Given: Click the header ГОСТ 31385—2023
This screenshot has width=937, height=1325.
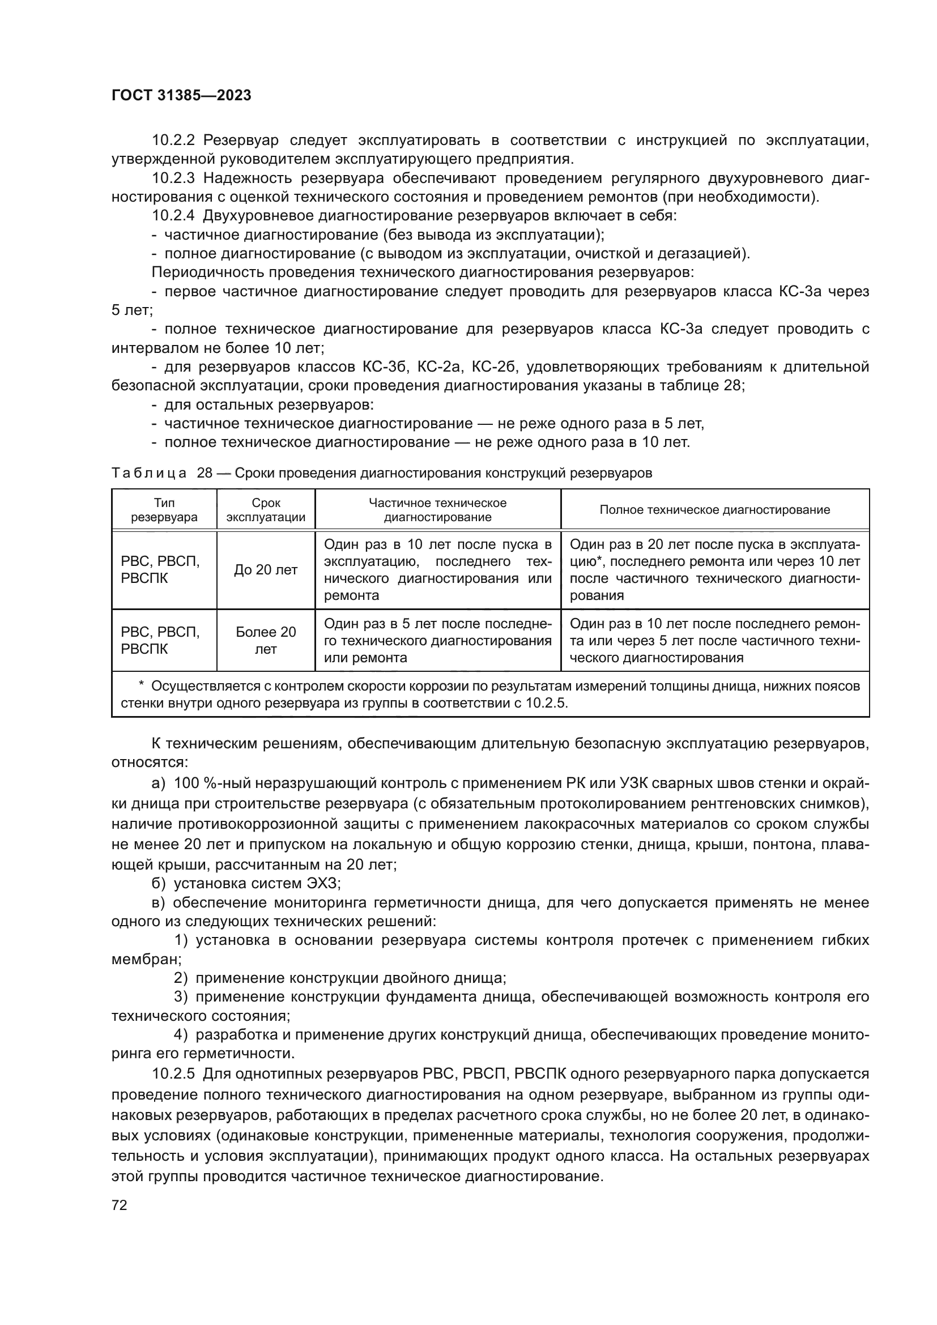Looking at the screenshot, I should (x=181, y=96).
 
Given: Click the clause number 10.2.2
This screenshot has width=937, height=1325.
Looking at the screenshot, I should (x=174, y=140).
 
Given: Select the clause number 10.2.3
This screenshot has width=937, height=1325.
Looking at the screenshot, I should (x=174, y=178).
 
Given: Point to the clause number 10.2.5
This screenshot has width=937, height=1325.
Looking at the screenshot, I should (x=174, y=1074).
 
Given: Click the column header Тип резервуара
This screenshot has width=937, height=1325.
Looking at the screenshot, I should (x=164, y=510).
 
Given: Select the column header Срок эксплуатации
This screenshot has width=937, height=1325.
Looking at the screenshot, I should (x=266, y=510).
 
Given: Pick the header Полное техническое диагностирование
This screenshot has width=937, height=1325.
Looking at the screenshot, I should (x=714, y=510).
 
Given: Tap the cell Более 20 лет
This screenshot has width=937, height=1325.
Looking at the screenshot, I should (x=266, y=641).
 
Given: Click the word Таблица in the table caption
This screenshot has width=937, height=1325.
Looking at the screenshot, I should (x=149, y=473).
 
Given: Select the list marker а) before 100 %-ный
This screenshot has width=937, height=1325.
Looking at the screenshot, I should (x=158, y=783).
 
